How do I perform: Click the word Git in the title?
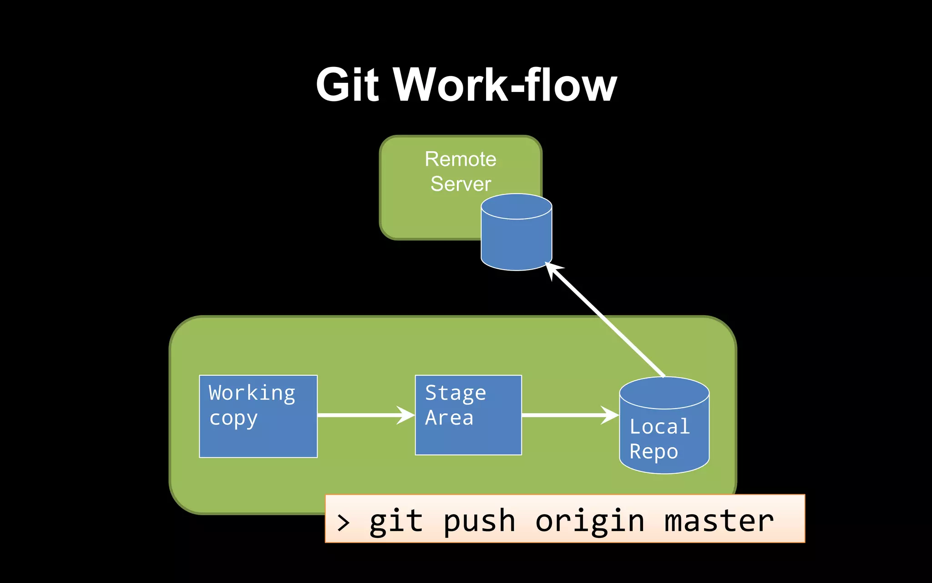point(347,85)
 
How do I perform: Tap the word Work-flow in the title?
point(505,85)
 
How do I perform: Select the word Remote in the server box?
point(460,159)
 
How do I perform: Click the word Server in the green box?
point(461,184)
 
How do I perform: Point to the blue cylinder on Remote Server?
point(516,237)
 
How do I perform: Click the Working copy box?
point(258,437)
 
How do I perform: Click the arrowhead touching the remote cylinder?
point(553,270)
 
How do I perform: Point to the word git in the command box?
point(395,522)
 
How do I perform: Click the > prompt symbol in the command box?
point(344,522)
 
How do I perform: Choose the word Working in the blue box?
point(252,393)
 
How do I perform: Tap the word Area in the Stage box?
point(449,418)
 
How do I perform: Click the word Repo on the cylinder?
point(653,452)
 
